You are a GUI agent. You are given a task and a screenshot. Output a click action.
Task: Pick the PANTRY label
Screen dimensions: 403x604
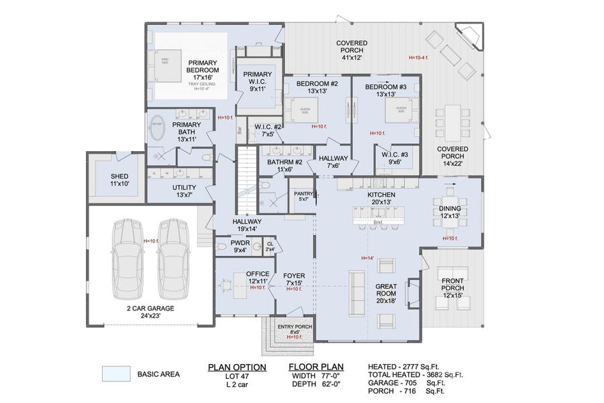[304, 196]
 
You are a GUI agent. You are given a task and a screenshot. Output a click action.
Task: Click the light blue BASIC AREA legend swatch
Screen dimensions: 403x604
[115, 373]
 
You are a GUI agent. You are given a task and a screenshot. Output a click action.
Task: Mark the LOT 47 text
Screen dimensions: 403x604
[236, 376]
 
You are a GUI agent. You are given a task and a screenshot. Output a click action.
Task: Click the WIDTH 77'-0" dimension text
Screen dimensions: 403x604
[317, 376]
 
